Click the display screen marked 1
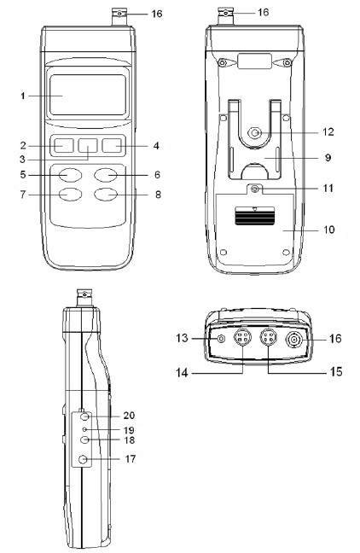tap(88, 95)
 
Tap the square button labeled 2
tap(64, 145)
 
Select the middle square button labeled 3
tap(88, 145)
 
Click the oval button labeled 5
tap(71, 175)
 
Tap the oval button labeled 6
tap(106, 175)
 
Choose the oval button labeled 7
tap(71, 195)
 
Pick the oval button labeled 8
tap(106, 195)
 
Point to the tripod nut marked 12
tap(254, 133)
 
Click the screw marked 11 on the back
tap(254, 189)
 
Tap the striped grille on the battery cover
tap(254, 216)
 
